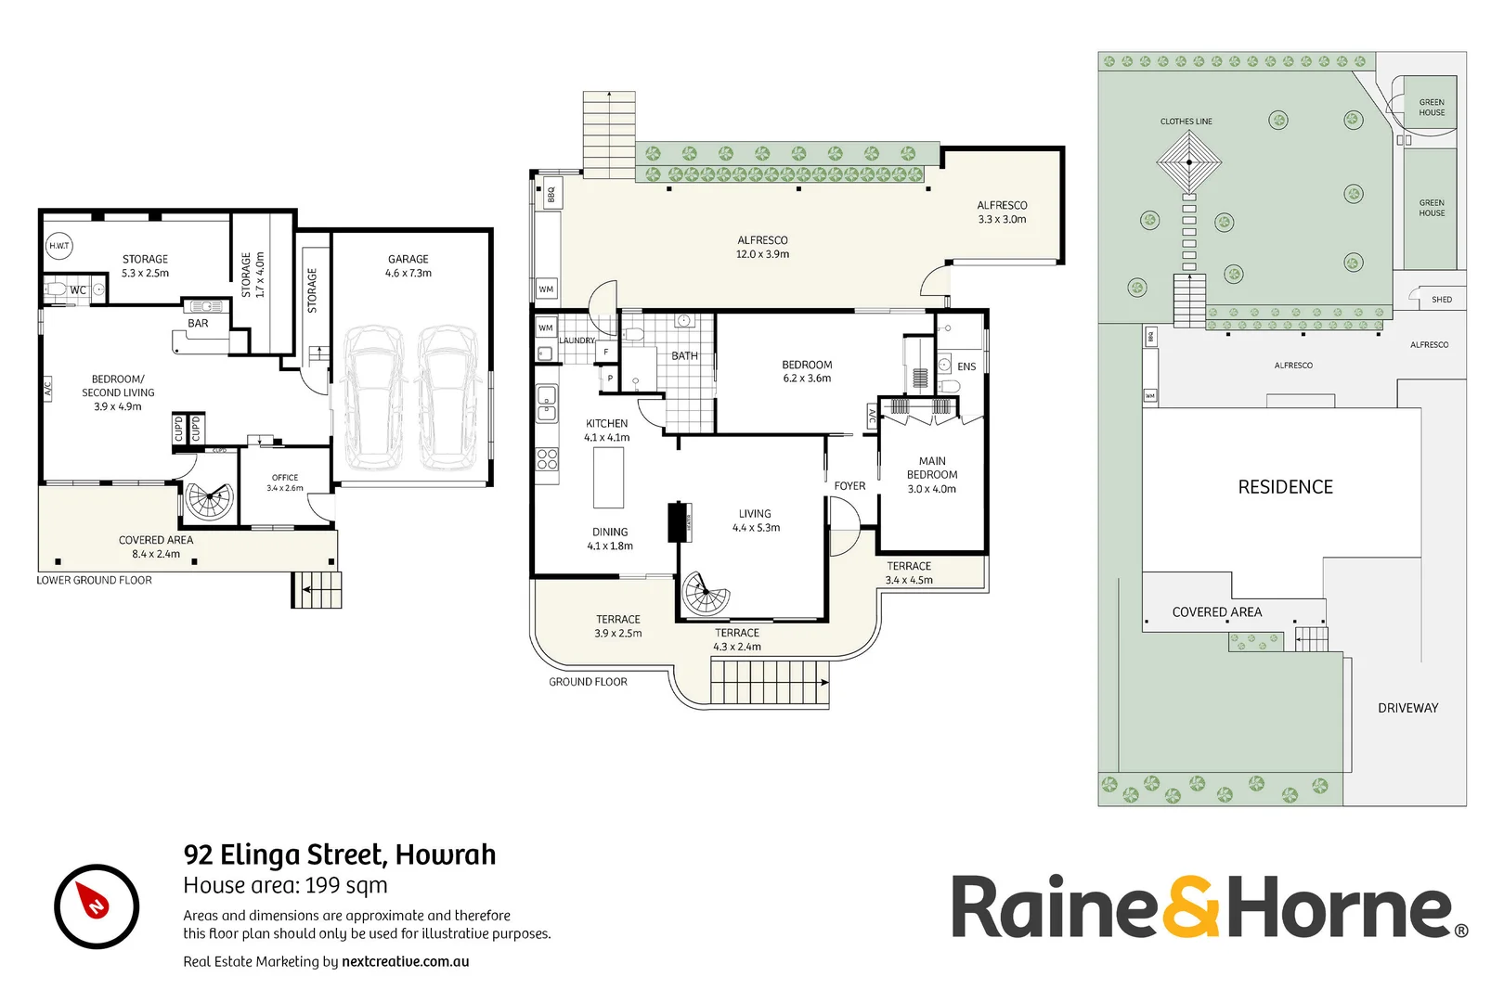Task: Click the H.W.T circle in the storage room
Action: [x=59, y=246]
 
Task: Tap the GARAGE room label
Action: [x=408, y=260]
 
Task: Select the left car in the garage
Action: [x=373, y=396]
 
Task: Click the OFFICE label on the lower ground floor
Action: [x=285, y=478]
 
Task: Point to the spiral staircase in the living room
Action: [x=706, y=594]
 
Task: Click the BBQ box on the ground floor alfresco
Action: [x=551, y=195]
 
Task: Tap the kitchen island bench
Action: [x=609, y=478]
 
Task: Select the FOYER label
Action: [x=849, y=486]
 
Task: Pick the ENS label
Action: [x=966, y=366]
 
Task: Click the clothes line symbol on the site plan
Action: [x=1188, y=161]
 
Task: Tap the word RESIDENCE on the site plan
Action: [x=1285, y=487]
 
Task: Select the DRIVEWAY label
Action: [x=1407, y=708]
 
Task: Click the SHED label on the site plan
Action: [x=1441, y=300]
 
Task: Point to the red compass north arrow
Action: [x=95, y=902]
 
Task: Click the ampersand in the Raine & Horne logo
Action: [x=1192, y=907]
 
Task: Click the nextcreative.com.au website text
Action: [x=405, y=962]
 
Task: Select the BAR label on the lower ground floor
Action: [x=198, y=324]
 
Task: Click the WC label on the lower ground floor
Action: [x=78, y=290]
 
